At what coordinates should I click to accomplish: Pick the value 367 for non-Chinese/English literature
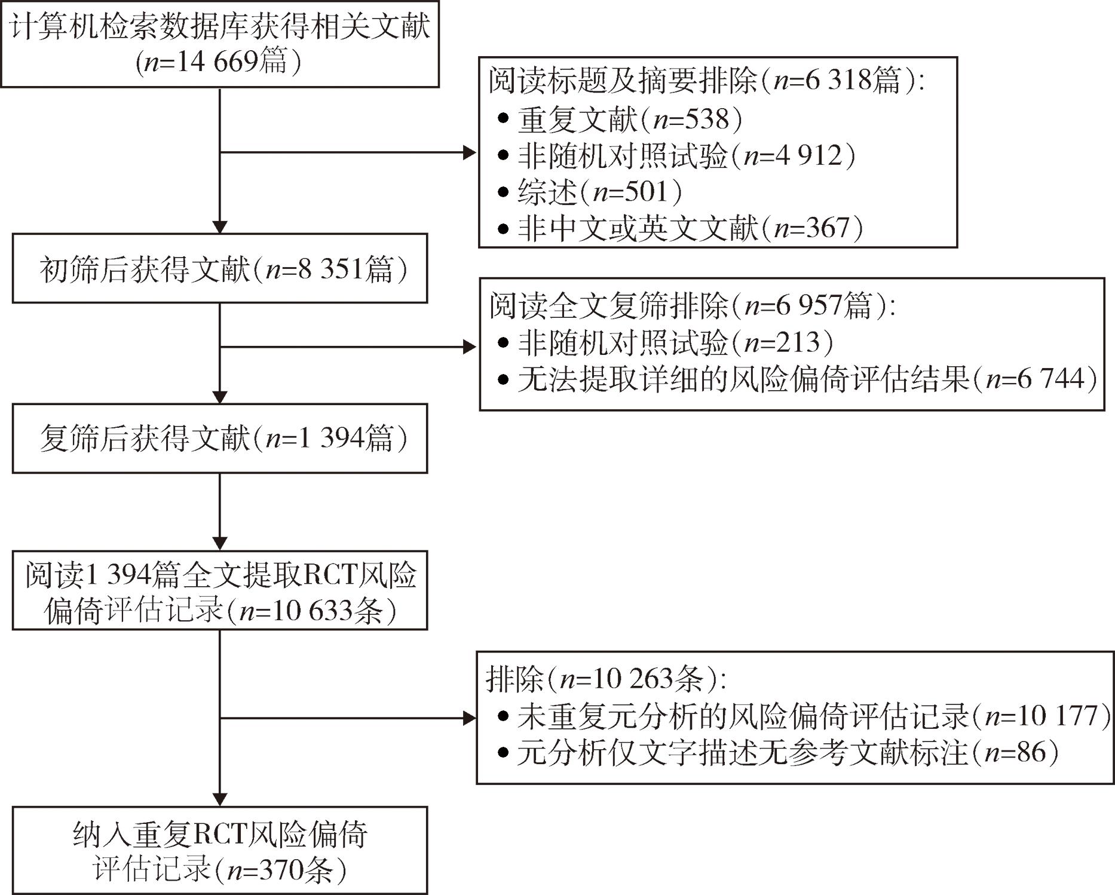pyautogui.click(x=828, y=228)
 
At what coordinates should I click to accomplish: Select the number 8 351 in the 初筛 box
pyautogui.click(x=330, y=269)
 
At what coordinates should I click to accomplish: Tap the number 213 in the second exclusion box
pyautogui.click(x=798, y=342)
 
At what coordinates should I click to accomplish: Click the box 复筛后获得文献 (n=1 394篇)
pyautogui.click(x=220, y=439)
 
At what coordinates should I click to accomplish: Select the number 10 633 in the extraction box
pyautogui.click(x=311, y=611)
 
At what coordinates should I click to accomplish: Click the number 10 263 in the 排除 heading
pyautogui.click(x=634, y=679)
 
